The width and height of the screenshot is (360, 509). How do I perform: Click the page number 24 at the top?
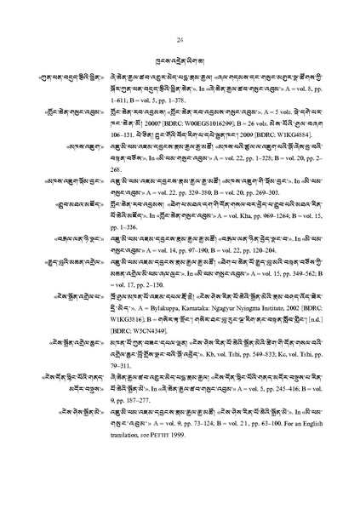(180, 41)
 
